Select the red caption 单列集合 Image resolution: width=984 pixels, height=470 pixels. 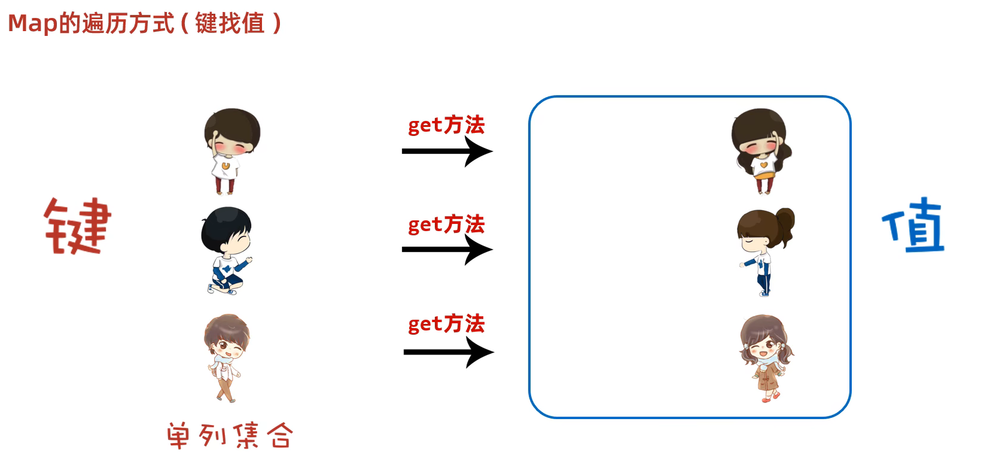coord(230,435)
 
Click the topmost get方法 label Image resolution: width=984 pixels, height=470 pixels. coord(446,125)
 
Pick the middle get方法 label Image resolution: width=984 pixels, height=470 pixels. coord(446,225)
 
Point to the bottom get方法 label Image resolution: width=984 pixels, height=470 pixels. coord(446,324)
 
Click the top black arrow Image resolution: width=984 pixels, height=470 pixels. coord(447,151)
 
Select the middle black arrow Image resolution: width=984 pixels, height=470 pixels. coord(447,250)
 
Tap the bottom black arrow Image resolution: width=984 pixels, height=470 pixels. coord(449,352)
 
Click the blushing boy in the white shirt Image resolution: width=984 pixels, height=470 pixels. coord(230,151)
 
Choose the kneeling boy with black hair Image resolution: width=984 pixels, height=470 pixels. coord(226,250)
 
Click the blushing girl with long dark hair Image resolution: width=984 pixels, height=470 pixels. coord(761,151)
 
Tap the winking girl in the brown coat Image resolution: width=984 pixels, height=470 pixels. coord(766,358)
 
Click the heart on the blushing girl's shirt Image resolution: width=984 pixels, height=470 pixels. coord(763,163)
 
